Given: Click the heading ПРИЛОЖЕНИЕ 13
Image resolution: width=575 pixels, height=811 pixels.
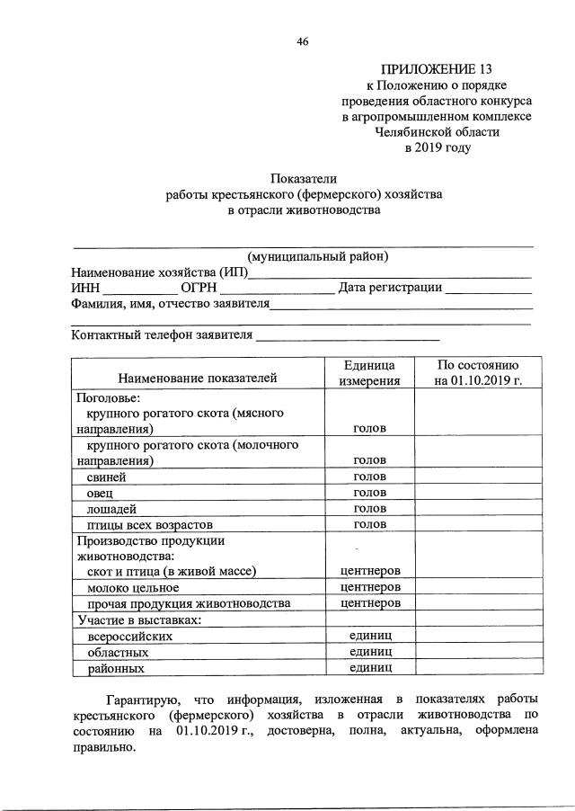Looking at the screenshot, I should click(437, 68).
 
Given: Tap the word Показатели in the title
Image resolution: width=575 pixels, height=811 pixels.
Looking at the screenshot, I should click(304, 178).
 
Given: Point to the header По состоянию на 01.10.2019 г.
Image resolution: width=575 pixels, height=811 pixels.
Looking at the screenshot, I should click(477, 372).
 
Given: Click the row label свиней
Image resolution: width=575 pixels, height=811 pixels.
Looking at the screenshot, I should click(106, 477).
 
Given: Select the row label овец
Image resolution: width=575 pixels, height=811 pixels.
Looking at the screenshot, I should click(102, 492).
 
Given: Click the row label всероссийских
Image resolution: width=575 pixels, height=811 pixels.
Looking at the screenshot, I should click(130, 636).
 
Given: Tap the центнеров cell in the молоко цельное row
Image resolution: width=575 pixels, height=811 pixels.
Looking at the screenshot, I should click(369, 587).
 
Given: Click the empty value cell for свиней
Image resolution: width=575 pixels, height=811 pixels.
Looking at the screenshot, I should click(477, 477).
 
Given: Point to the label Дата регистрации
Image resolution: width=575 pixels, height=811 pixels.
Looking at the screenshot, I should click(390, 288).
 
